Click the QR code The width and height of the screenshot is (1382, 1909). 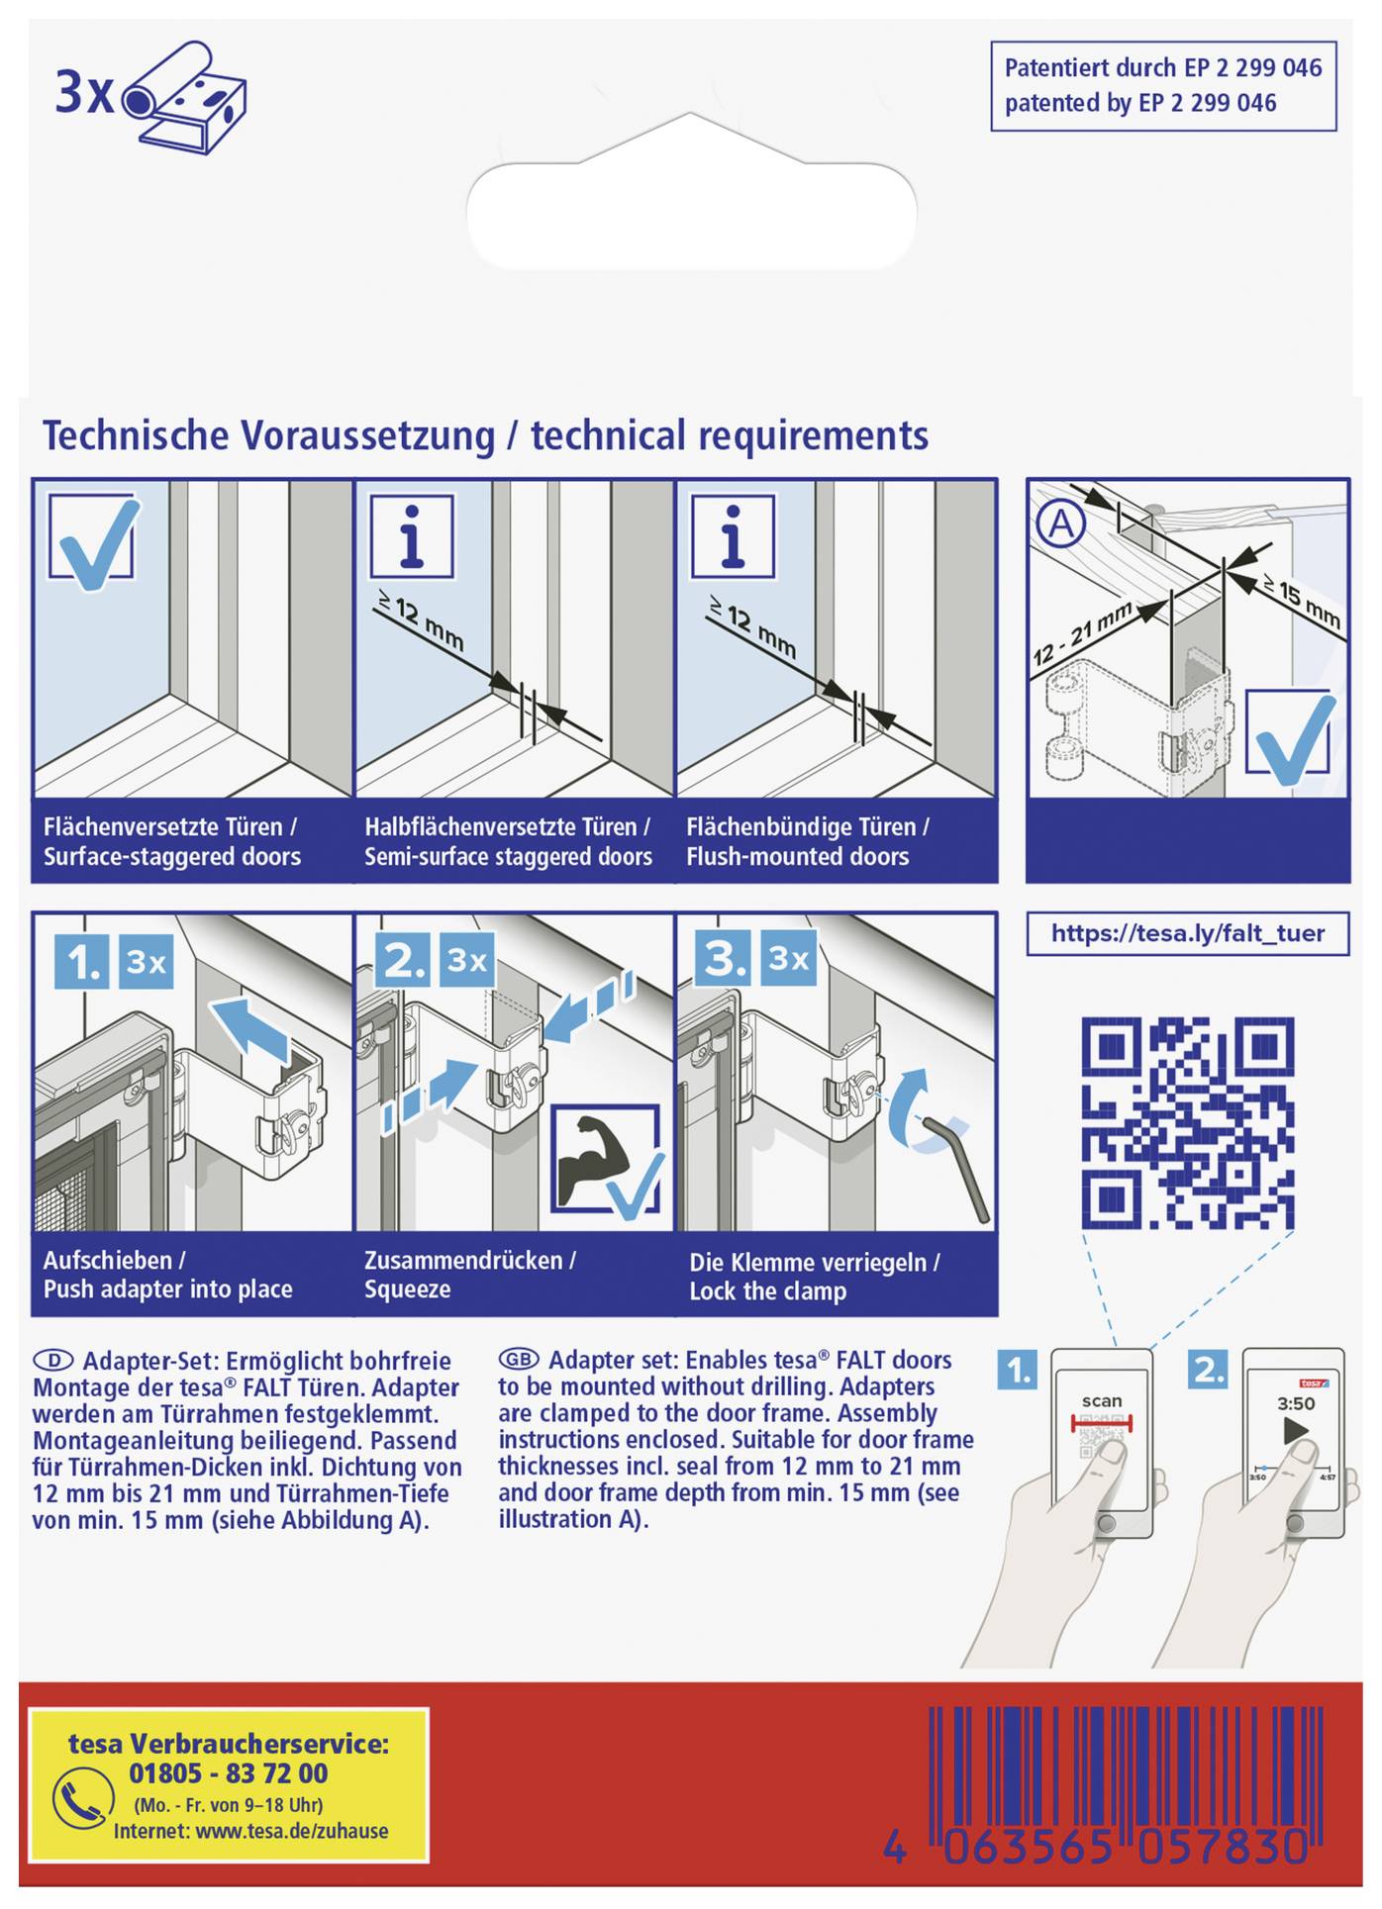coord(1187,1122)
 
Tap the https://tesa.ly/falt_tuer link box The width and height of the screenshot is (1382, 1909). coord(1187,933)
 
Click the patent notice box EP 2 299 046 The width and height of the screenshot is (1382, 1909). coord(1162,86)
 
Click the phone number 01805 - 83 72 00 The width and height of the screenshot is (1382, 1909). coord(229,1772)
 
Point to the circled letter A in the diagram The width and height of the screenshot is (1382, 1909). coord(1060,523)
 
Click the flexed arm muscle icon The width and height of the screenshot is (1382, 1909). coord(590,1161)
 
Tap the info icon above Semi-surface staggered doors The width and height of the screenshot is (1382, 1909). coord(412,536)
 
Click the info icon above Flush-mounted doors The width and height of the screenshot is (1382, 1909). coord(733,536)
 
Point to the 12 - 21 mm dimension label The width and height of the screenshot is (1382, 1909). coord(1082,634)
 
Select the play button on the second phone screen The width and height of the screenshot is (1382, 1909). coord(1295,1430)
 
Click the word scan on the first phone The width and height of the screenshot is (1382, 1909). coord(1101,1400)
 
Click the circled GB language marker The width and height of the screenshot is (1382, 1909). coord(518,1359)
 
